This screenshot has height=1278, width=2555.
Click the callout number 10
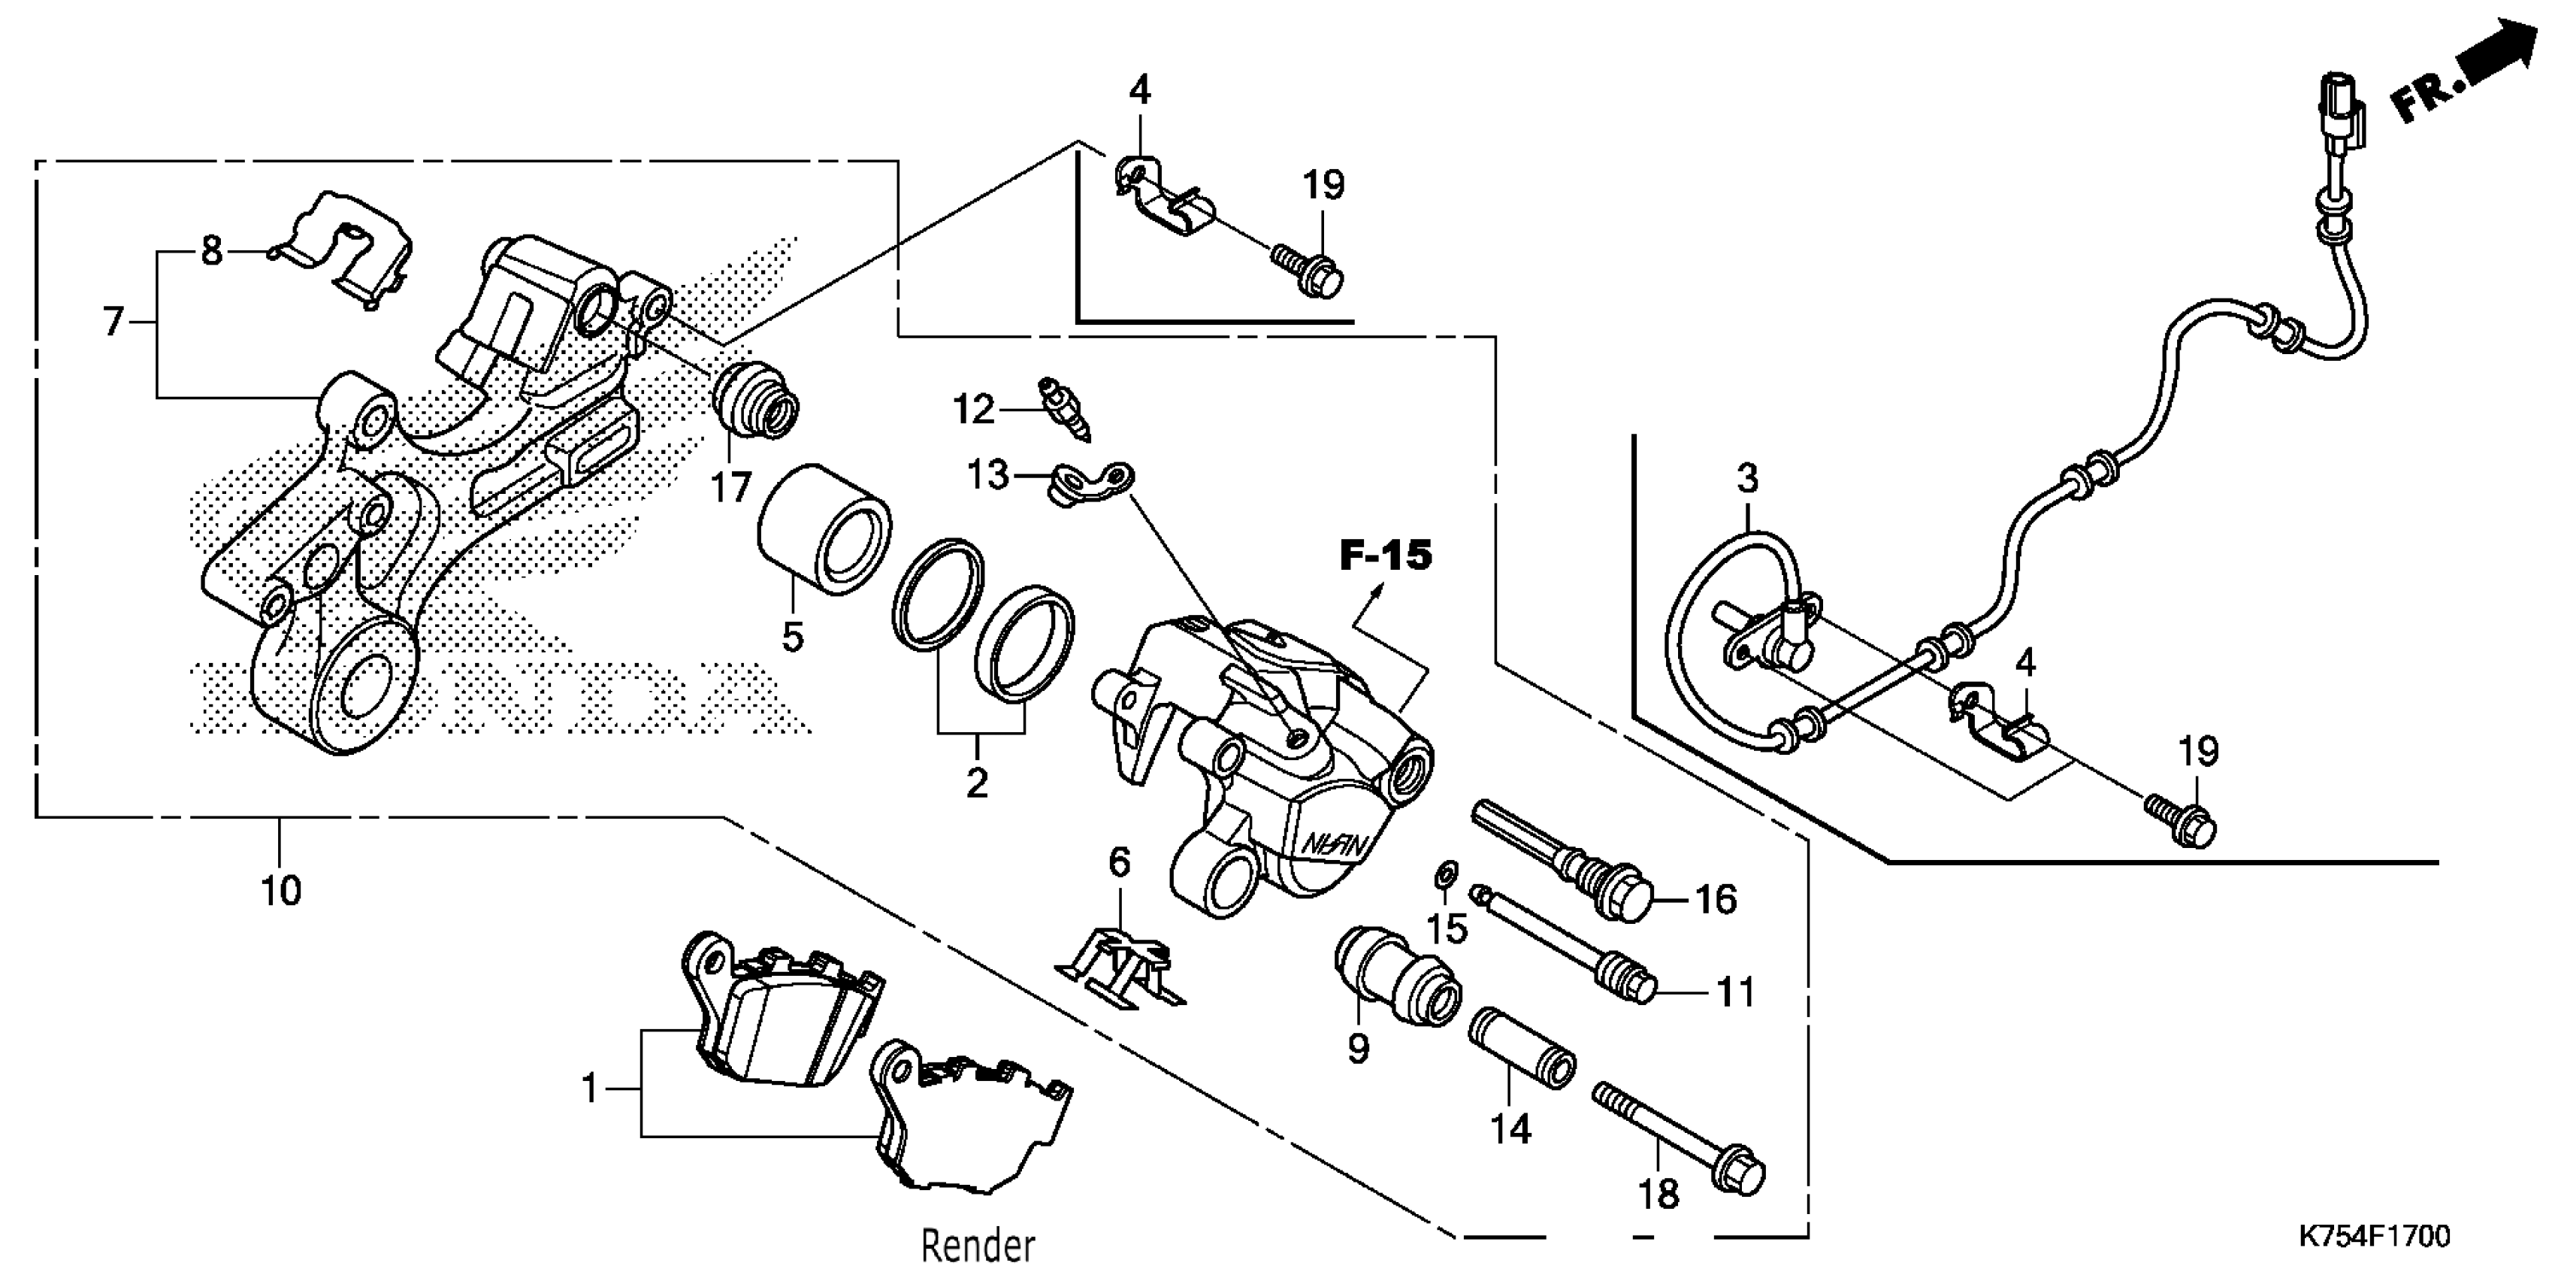pyautogui.click(x=281, y=890)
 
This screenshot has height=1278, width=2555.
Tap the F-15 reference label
pyautogui.click(x=1386, y=556)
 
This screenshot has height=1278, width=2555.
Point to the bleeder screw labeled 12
pyautogui.click(x=1064, y=407)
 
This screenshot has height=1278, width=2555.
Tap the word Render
pyautogui.click(x=977, y=1244)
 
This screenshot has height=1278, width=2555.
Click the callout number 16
pyautogui.click(x=1716, y=899)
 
